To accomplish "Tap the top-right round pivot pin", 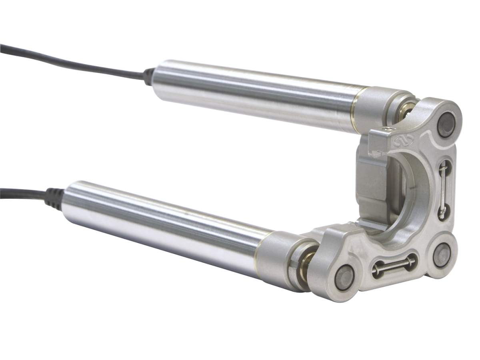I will coord(446,125).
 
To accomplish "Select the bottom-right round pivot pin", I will coord(442,255).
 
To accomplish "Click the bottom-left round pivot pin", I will coord(344,277).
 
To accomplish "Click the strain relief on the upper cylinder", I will coord(149,76).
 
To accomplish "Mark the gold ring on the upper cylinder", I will coord(354,110).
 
